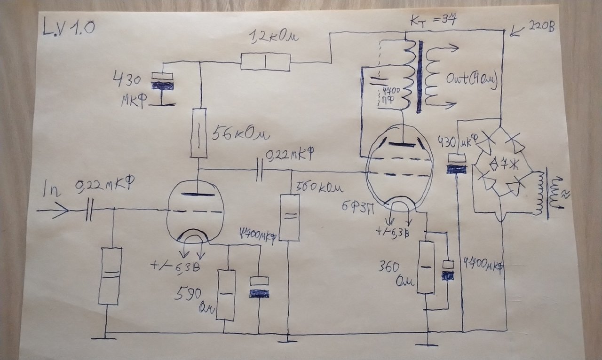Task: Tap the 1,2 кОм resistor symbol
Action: point(265,62)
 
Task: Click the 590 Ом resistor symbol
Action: point(226,295)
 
